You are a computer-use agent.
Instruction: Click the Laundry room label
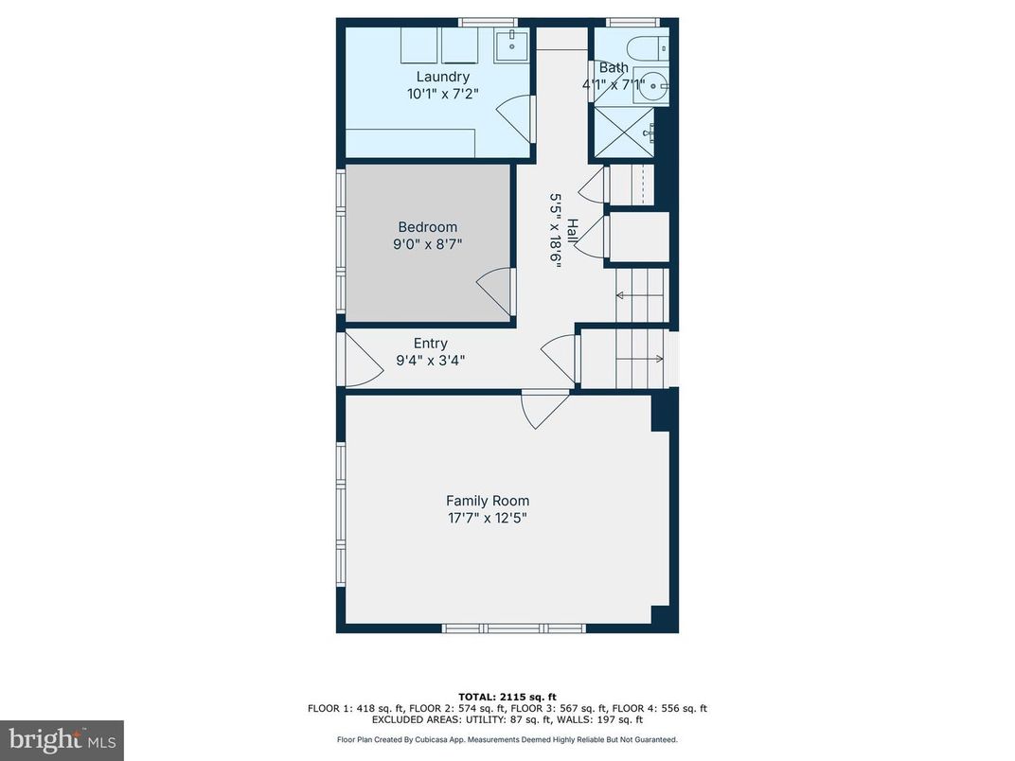442,77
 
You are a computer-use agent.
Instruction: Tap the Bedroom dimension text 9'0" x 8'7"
427,244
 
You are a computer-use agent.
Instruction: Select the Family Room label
488,501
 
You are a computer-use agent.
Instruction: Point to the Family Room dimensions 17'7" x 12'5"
488,518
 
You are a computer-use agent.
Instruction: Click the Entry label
430,344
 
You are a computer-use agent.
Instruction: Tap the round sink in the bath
651,83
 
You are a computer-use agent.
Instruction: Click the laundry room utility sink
514,42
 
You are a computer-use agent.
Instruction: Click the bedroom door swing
496,290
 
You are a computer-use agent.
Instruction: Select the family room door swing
544,408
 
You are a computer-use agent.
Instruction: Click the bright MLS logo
62,739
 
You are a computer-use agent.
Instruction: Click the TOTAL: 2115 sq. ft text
507,696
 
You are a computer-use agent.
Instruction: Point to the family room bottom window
514,628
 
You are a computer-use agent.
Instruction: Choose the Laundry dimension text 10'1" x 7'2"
442,94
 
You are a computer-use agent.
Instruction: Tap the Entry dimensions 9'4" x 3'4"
430,360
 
